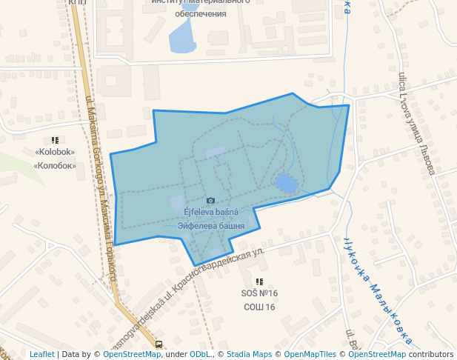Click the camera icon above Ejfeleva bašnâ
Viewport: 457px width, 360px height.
211,201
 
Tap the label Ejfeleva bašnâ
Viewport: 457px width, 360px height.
211,212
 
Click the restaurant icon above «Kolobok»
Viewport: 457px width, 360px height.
55,140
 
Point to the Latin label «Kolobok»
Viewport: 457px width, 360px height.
55,153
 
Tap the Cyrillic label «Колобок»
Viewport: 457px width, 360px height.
55,165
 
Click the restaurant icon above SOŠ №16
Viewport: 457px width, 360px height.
259,282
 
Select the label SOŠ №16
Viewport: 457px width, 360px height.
259,294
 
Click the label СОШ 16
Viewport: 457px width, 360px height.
259,307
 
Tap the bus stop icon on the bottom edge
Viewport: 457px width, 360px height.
159,344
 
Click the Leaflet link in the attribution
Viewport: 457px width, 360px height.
41,354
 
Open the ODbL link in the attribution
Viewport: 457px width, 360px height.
199,354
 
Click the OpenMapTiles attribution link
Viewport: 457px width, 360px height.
310,354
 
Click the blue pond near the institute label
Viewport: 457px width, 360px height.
181,36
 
